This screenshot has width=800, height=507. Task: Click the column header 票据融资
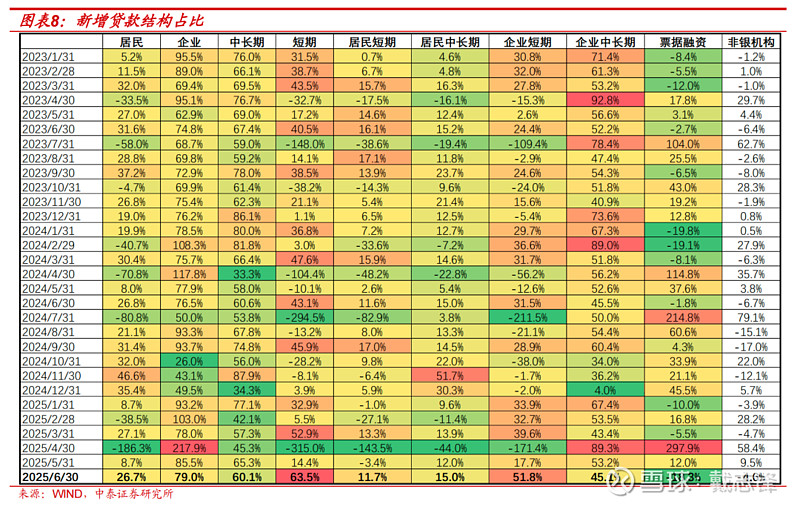click(x=684, y=43)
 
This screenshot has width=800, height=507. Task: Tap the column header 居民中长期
click(x=449, y=43)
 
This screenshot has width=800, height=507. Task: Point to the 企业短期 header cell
click(x=527, y=43)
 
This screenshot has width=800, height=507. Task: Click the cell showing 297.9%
click(x=684, y=449)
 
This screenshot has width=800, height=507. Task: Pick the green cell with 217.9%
click(x=189, y=449)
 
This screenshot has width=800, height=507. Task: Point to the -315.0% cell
click(x=305, y=449)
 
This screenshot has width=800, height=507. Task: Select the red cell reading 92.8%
click(x=605, y=100)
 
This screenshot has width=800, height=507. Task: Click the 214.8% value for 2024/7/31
click(x=684, y=318)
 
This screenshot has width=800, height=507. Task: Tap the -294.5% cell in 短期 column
click(x=305, y=318)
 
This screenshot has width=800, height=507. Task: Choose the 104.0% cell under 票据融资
click(x=684, y=144)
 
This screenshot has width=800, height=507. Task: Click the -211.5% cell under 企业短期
click(x=527, y=318)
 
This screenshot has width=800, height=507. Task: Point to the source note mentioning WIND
click(x=96, y=494)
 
